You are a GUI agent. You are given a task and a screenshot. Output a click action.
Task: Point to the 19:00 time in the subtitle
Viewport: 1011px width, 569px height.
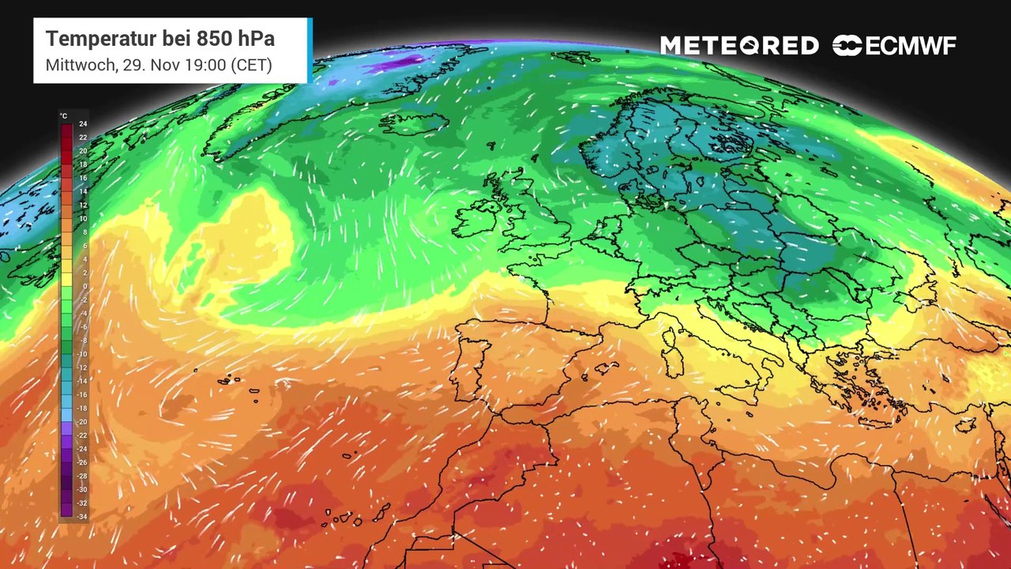(x=205, y=65)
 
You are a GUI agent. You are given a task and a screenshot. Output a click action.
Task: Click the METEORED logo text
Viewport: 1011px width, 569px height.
(x=739, y=46)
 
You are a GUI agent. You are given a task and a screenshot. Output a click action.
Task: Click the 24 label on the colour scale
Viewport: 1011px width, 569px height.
(x=83, y=124)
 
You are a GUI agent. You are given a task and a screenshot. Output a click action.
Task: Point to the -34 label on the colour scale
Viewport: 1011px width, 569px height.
(x=82, y=517)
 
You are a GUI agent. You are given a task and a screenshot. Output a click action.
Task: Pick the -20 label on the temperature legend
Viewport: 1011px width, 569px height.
(x=82, y=422)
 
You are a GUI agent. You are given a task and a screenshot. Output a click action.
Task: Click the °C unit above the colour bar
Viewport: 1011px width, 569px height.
(x=63, y=116)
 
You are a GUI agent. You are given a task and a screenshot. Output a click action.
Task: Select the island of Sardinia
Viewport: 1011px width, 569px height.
(x=673, y=360)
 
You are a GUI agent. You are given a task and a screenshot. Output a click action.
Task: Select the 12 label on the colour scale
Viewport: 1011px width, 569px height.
(x=83, y=205)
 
